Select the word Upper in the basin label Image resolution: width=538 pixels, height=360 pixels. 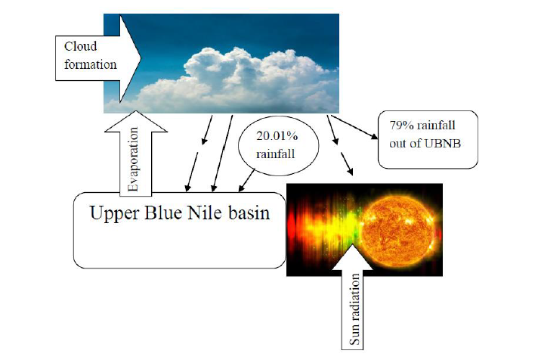click(x=114, y=214)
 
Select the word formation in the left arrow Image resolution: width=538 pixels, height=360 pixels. click(x=90, y=64)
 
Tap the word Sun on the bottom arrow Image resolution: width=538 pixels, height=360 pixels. click(x=355, y=337)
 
